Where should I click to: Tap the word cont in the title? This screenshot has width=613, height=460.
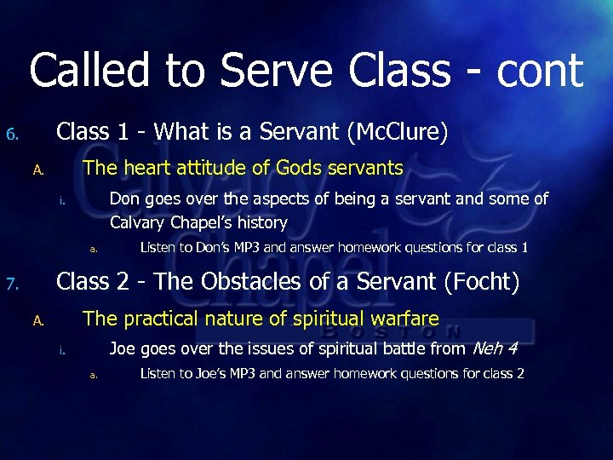click(537, 72)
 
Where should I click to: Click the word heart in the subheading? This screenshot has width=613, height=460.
click(153, 169)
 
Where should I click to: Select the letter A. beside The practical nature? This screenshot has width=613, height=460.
click(37, 321)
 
